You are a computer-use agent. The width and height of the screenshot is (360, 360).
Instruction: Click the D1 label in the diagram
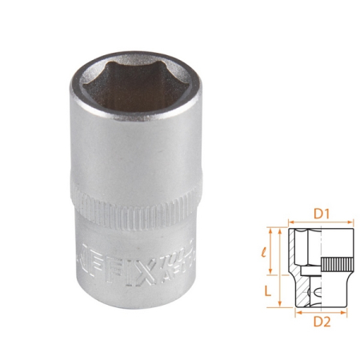coord(322,214)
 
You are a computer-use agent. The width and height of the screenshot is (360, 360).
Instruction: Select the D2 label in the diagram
coord(322,322)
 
